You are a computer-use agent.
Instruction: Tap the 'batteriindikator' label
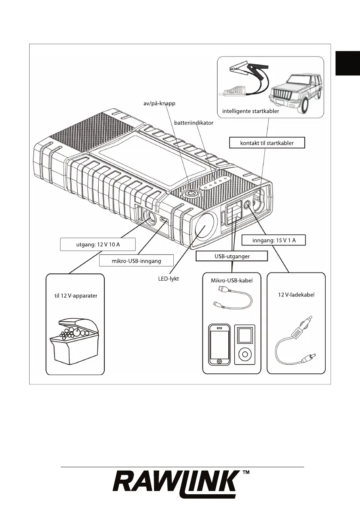pyautogui.click(x=193, y=122)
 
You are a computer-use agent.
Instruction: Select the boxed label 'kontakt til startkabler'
pyautogui.click(x=267, y=143)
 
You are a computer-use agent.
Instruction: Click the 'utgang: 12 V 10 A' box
pyautogui.click(x=97, y=245)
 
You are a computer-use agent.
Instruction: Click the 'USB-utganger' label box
pyautogui.click(x=232, y=256)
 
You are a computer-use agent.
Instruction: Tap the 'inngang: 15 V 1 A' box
pyautogui.click(x=274, y=240)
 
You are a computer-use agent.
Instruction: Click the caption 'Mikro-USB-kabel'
pyautogui.click(x=232, y=280)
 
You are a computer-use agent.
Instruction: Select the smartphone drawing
pyautogui.click(x=220, y=345)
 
